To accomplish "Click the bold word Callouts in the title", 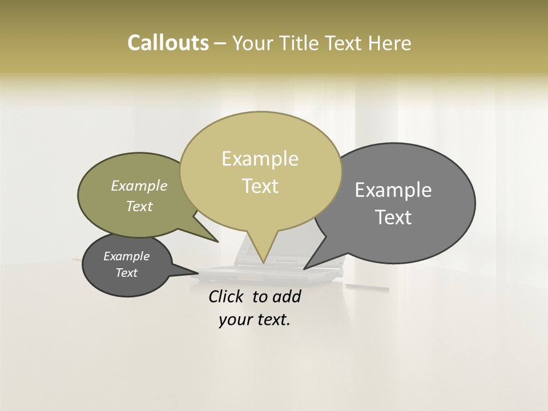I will tap(168, 43).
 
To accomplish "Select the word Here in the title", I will tap(390, 43).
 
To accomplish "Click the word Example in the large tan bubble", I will tap(260, 159).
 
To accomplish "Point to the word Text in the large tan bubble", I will tap(260, 186).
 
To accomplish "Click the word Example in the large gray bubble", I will tap(393, 190).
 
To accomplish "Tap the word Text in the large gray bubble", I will tap(393, 217).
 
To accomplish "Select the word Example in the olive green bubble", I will tap(139, 186).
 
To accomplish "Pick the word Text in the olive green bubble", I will tap(139, 206).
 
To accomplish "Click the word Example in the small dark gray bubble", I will tap(127, 256).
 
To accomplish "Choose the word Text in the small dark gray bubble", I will tap(127, 273).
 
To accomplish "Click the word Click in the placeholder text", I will tap(227, 296).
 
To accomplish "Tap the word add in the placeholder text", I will tap(287, 296).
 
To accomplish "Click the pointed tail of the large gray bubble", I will tap(305, 268).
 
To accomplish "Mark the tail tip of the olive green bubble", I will tap(217, 241).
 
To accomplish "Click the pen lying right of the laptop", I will tap(360, 285).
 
